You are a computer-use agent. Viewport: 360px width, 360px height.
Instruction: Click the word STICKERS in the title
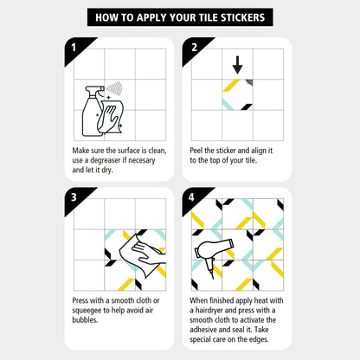tap(242, 17)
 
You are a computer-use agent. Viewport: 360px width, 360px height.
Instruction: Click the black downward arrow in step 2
tap(237, 65)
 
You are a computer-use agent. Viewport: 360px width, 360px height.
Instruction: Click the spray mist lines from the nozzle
tap(114, 88)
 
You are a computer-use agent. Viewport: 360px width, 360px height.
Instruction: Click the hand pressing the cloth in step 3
tap(149, 254)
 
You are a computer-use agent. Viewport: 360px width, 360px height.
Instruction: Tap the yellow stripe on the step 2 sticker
tap(231, 86)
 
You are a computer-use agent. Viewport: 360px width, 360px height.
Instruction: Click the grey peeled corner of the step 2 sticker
tap(250, 82)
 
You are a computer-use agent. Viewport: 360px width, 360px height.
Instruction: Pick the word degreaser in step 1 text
tap(106, 160)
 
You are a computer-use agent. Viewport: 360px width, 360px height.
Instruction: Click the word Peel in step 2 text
tap(196, 151)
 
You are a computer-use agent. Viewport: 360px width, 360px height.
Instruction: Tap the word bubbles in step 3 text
tap(85, 320)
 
